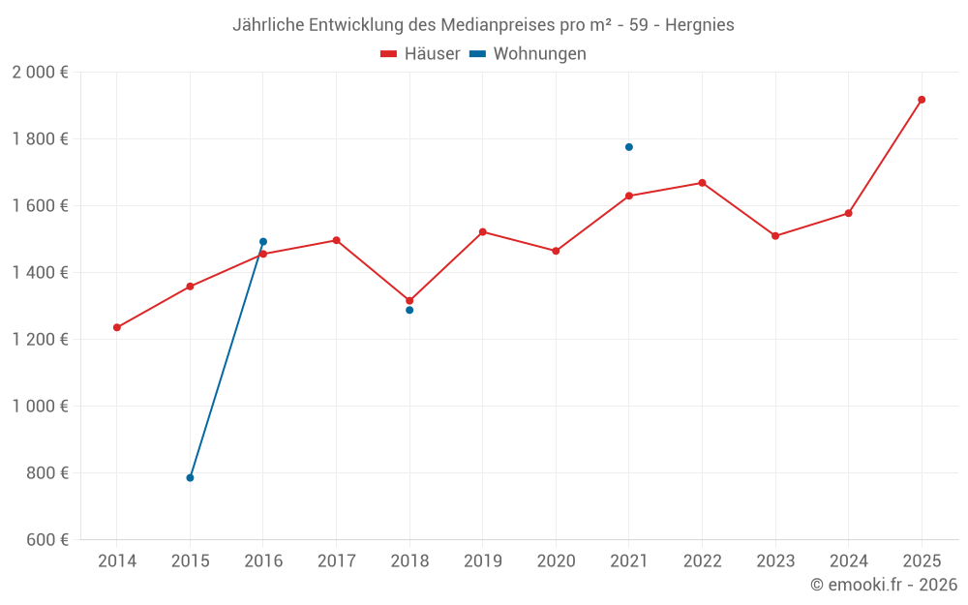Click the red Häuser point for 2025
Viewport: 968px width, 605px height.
point(922,100)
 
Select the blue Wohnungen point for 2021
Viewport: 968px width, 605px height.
point(629,147)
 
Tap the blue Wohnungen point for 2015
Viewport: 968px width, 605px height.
point(190,478)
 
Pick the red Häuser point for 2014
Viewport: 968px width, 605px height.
point(117,327)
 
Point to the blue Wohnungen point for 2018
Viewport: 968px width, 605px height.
point(409,310)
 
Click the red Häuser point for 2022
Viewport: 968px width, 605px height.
point(702,183)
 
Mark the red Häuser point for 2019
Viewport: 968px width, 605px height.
point(483,232)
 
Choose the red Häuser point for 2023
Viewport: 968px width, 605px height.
point(775,236)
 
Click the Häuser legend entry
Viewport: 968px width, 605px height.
point(420,54)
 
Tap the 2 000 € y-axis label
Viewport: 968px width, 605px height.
point(40,73)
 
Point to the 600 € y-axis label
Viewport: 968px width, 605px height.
point(46,540)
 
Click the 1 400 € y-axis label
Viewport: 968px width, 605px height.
point(40,273)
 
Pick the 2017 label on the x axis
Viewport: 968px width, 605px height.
point(336,561)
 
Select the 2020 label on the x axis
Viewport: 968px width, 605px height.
point(556,561)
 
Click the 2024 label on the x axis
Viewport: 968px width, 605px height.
point(848,561)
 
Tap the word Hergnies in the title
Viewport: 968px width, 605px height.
point(700,25)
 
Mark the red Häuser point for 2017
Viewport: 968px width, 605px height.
point(336,240)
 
